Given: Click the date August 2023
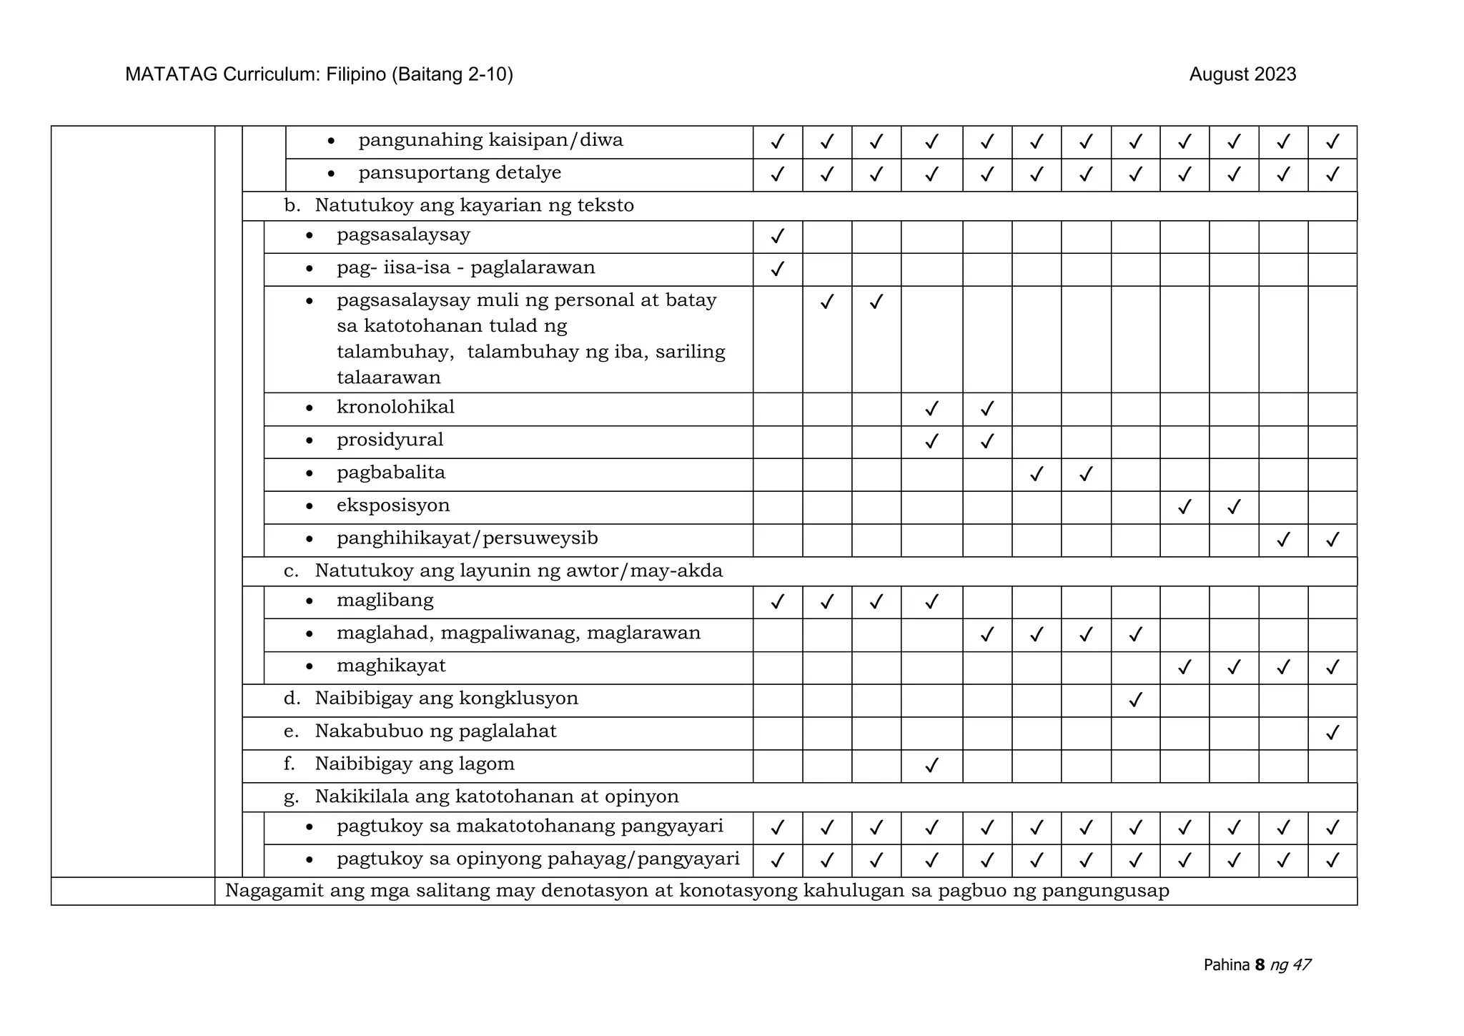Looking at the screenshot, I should click(x=1242, y=74).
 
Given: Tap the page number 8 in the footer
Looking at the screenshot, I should click(x=1260, y=965).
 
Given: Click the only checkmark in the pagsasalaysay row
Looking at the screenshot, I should click(x=777, y=236).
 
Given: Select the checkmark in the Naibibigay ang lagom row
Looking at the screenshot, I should click(x=931, y=766).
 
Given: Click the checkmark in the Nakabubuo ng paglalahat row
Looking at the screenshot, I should click(x=1332, y=733).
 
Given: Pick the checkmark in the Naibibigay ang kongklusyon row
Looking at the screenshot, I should click(x=1134, y=700).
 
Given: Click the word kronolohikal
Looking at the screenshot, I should click(x=395, y=407).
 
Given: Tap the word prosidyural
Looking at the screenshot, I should click(x=390, y=440).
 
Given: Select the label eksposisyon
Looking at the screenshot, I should click(x=393, y=505).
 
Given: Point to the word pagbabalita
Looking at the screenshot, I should click(x=391, y=473).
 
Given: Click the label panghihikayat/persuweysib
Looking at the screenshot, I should click(x=467, y=538).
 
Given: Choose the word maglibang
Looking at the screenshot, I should click(x=385, y=600).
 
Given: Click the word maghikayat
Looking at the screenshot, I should click(x=391, y=666).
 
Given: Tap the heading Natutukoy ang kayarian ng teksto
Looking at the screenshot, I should click(x=474, y=205).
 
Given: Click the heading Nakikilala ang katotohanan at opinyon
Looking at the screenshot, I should click(x=496, y=796).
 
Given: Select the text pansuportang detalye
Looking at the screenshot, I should click(x=460, y=173).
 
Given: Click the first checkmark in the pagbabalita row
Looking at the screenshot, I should click(x=1036, y=474).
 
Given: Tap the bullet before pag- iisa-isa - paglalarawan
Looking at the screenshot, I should click(x=309, y=269).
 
